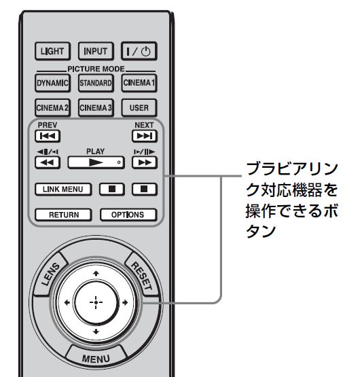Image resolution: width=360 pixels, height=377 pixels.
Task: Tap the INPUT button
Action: (96, 51)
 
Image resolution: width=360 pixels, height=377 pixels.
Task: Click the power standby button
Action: (139, 51)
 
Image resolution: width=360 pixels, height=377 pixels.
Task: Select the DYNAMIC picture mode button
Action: (52, 83)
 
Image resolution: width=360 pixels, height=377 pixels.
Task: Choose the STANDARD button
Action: (96, 83)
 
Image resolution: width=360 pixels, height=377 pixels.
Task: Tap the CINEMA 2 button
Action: (52, 107)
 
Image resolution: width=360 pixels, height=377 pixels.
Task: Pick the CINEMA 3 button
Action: (96, 107)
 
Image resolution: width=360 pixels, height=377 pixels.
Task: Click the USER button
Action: (139, 107)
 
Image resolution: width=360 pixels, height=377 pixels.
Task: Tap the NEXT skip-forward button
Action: (145, 136)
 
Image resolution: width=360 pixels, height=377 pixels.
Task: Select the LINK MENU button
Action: (63, 190)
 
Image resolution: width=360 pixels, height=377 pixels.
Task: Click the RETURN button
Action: (63, 215)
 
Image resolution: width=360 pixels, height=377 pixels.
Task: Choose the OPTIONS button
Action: (128, 215)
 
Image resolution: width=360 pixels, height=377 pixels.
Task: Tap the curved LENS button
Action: (50, 274)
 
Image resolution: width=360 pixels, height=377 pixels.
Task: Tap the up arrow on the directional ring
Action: (96, 273)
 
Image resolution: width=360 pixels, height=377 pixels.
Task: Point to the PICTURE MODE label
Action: (96, 69)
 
